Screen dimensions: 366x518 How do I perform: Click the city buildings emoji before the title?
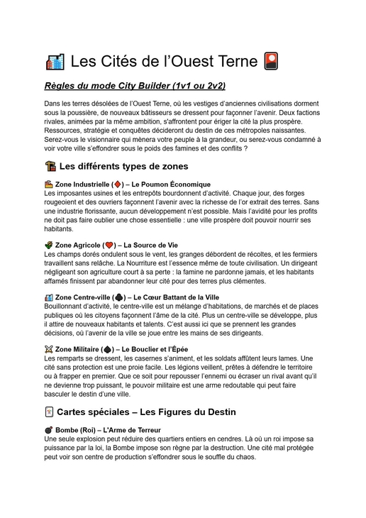(55, 62)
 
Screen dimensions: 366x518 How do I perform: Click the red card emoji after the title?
(270, 62)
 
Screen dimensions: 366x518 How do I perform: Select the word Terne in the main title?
(232, 62)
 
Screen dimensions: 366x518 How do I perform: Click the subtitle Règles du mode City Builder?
(135, 86)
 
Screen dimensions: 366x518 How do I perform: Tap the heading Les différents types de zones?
(123, 166)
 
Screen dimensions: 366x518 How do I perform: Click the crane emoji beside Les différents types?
(50, 166)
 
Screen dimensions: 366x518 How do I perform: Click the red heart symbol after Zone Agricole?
(109, 245)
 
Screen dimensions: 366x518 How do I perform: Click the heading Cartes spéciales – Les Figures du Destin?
(146, 412)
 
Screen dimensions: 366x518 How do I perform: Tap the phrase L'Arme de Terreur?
(132, 430)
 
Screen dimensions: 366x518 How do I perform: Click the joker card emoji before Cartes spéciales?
(49, 412)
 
